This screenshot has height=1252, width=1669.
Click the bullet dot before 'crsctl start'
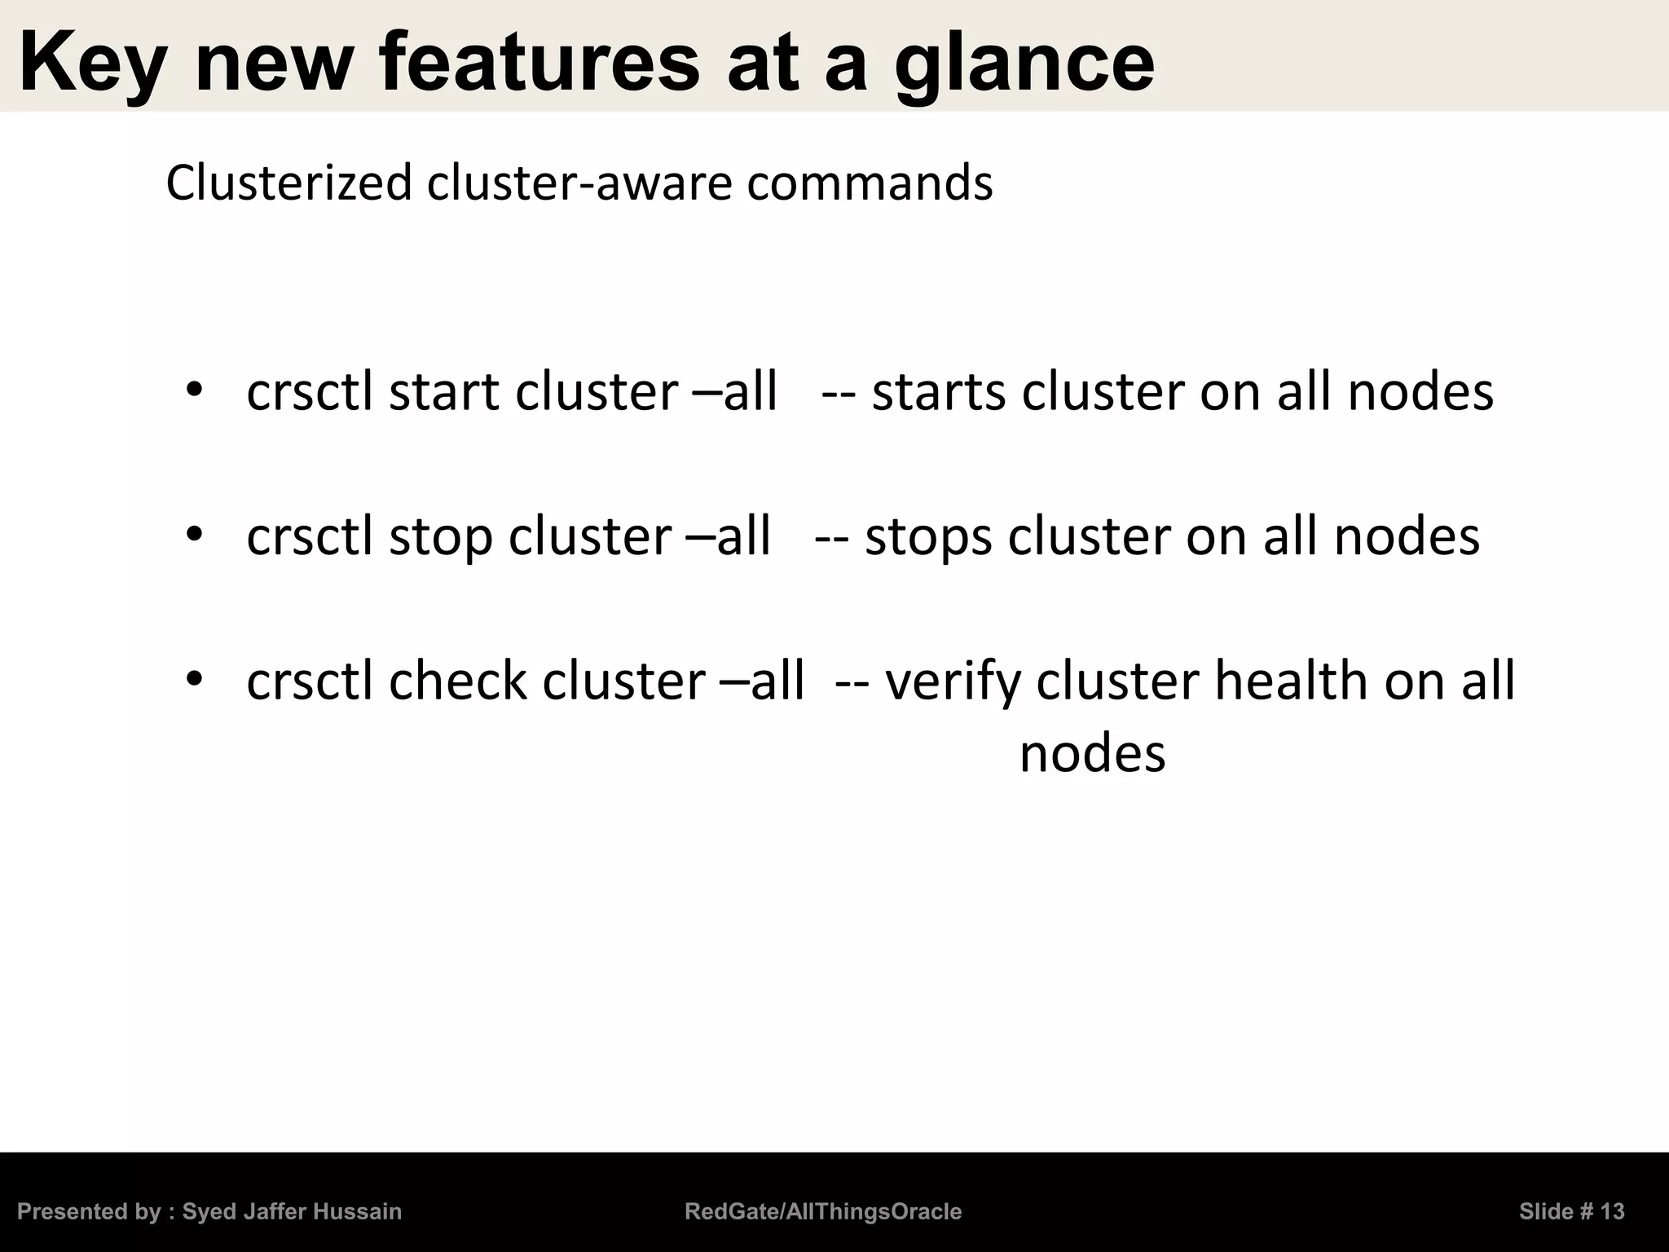(x=194, y=390)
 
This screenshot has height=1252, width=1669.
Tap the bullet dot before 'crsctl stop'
(x=194, y=535)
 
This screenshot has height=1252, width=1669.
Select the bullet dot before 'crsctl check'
(x=194, y=678)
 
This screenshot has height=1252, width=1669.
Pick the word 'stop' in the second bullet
(x=440, y=537)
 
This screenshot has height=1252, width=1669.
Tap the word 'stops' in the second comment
(x=929, y=537)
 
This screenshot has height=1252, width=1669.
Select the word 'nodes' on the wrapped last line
(x=1092, y=753)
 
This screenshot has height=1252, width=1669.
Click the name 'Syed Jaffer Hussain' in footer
(x=292, y=1211)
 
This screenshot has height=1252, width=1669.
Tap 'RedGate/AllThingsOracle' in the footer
(x=823, y=1211)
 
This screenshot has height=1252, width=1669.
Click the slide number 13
(x=1612, y=1211)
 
